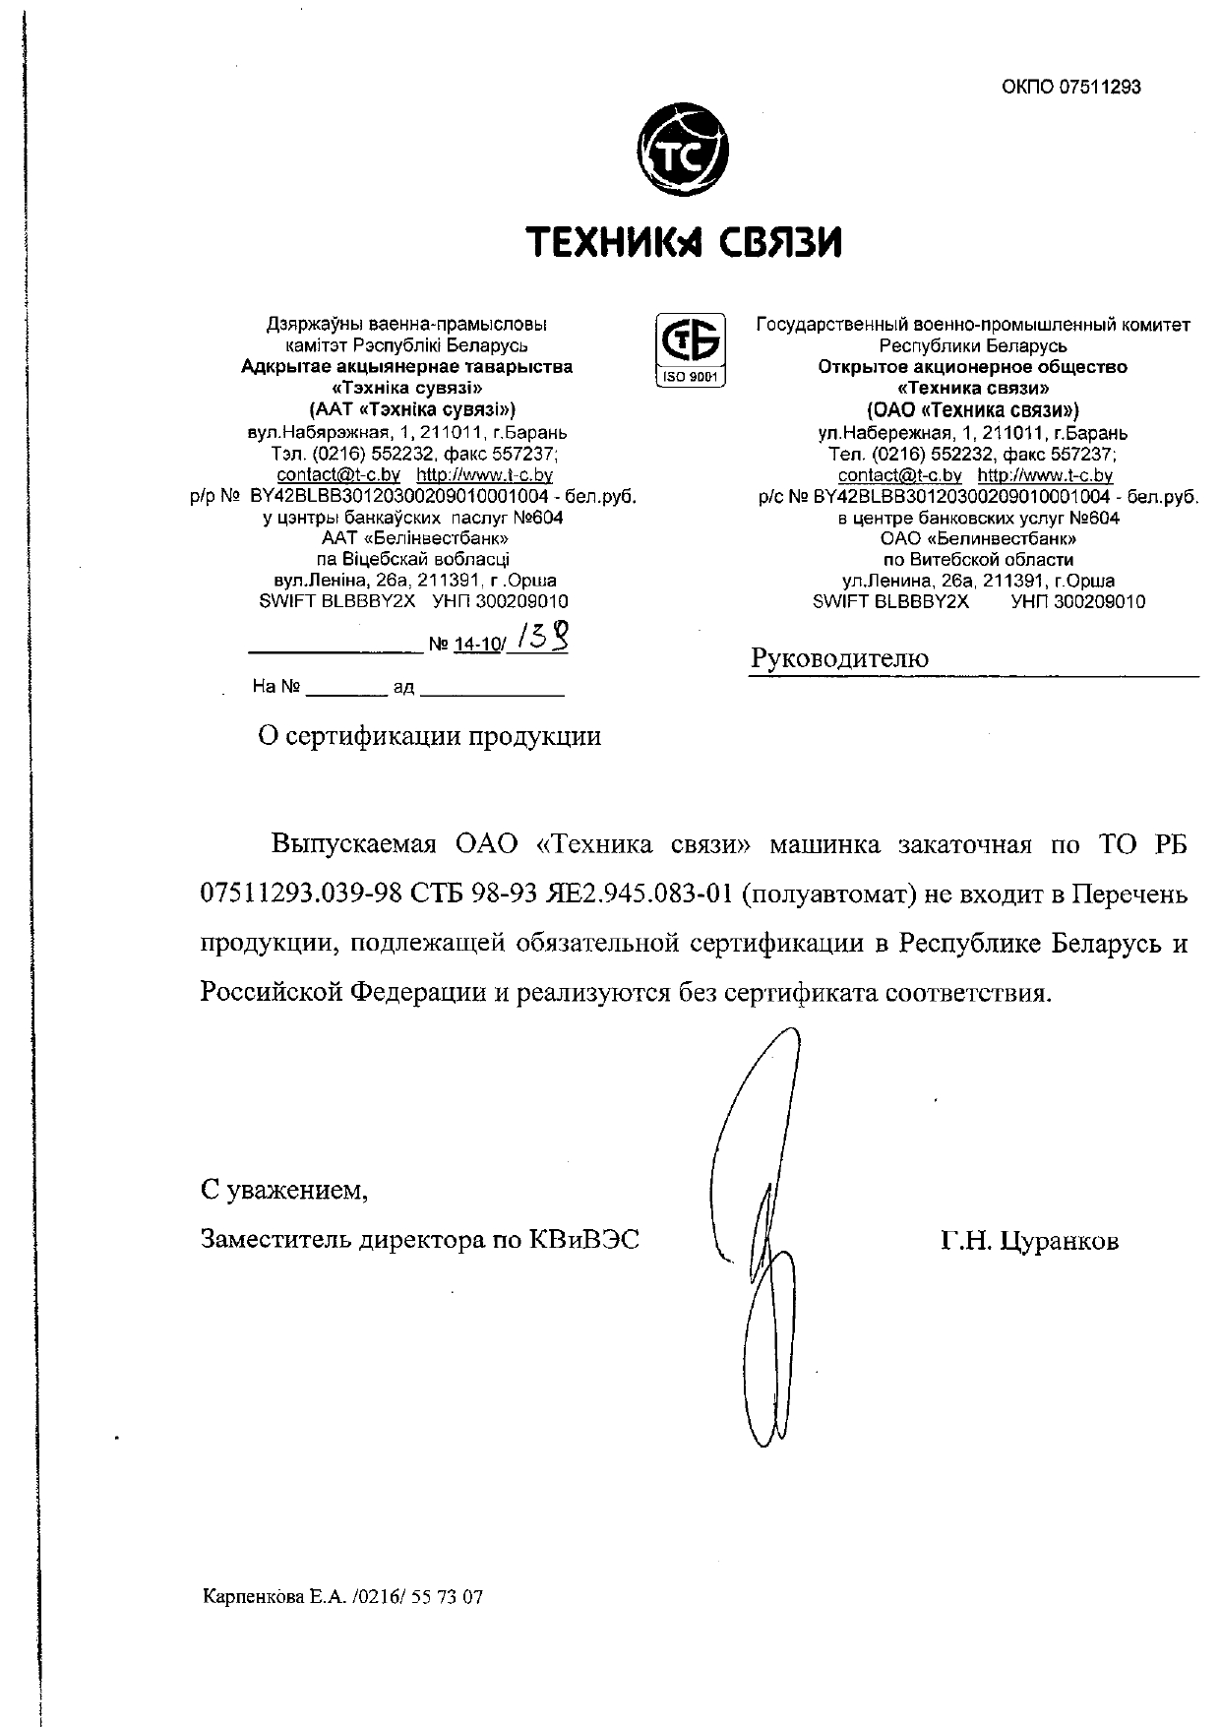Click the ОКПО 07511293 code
[1071, 87]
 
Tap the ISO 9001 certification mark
[690, 349]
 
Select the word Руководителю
[839, 658]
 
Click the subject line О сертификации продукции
[429, 736]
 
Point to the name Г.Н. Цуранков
[1029, 1241]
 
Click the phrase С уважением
[284, 1191]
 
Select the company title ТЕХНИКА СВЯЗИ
[684, 241]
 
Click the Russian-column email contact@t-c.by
[899, 475]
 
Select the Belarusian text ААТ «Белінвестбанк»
[414, 538]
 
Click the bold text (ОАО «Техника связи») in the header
[972, 410]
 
